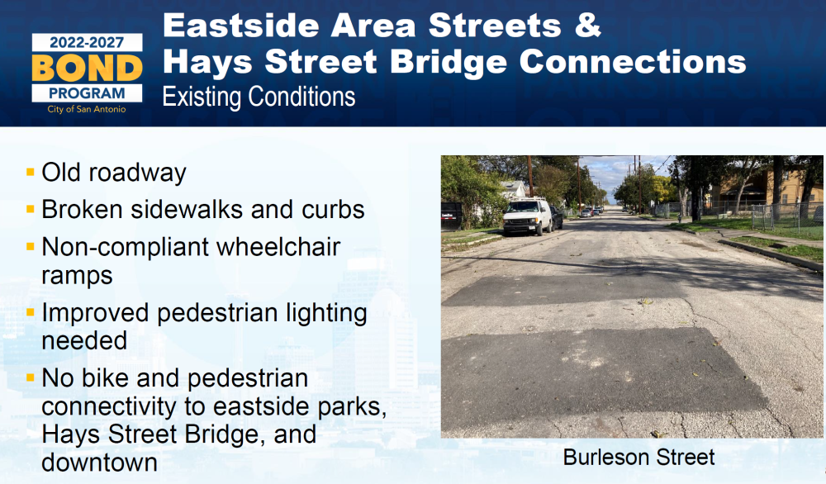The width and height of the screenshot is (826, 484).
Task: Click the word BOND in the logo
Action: click(x=87, y=68)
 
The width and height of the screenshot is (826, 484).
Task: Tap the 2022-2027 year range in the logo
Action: click(x=87, y=43)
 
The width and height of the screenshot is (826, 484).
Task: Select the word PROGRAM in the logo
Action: click(x=87, y=93)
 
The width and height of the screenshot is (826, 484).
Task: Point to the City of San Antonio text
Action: click(x=87, y=109)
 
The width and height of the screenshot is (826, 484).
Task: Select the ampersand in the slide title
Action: click(x=587, y=26)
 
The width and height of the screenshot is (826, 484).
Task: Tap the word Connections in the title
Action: click(x=633, y=62)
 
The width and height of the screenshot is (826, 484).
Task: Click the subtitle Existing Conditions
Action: click(x=259, y=97)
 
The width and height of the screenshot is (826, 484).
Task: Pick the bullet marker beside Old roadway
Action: click(x=30, y=172)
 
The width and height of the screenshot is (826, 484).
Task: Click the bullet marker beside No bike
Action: click(x=30, y=377)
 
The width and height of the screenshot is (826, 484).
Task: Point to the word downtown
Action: click(x=100, y=463)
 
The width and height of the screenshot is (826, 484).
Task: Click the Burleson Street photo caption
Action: click(x=638, y=457)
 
